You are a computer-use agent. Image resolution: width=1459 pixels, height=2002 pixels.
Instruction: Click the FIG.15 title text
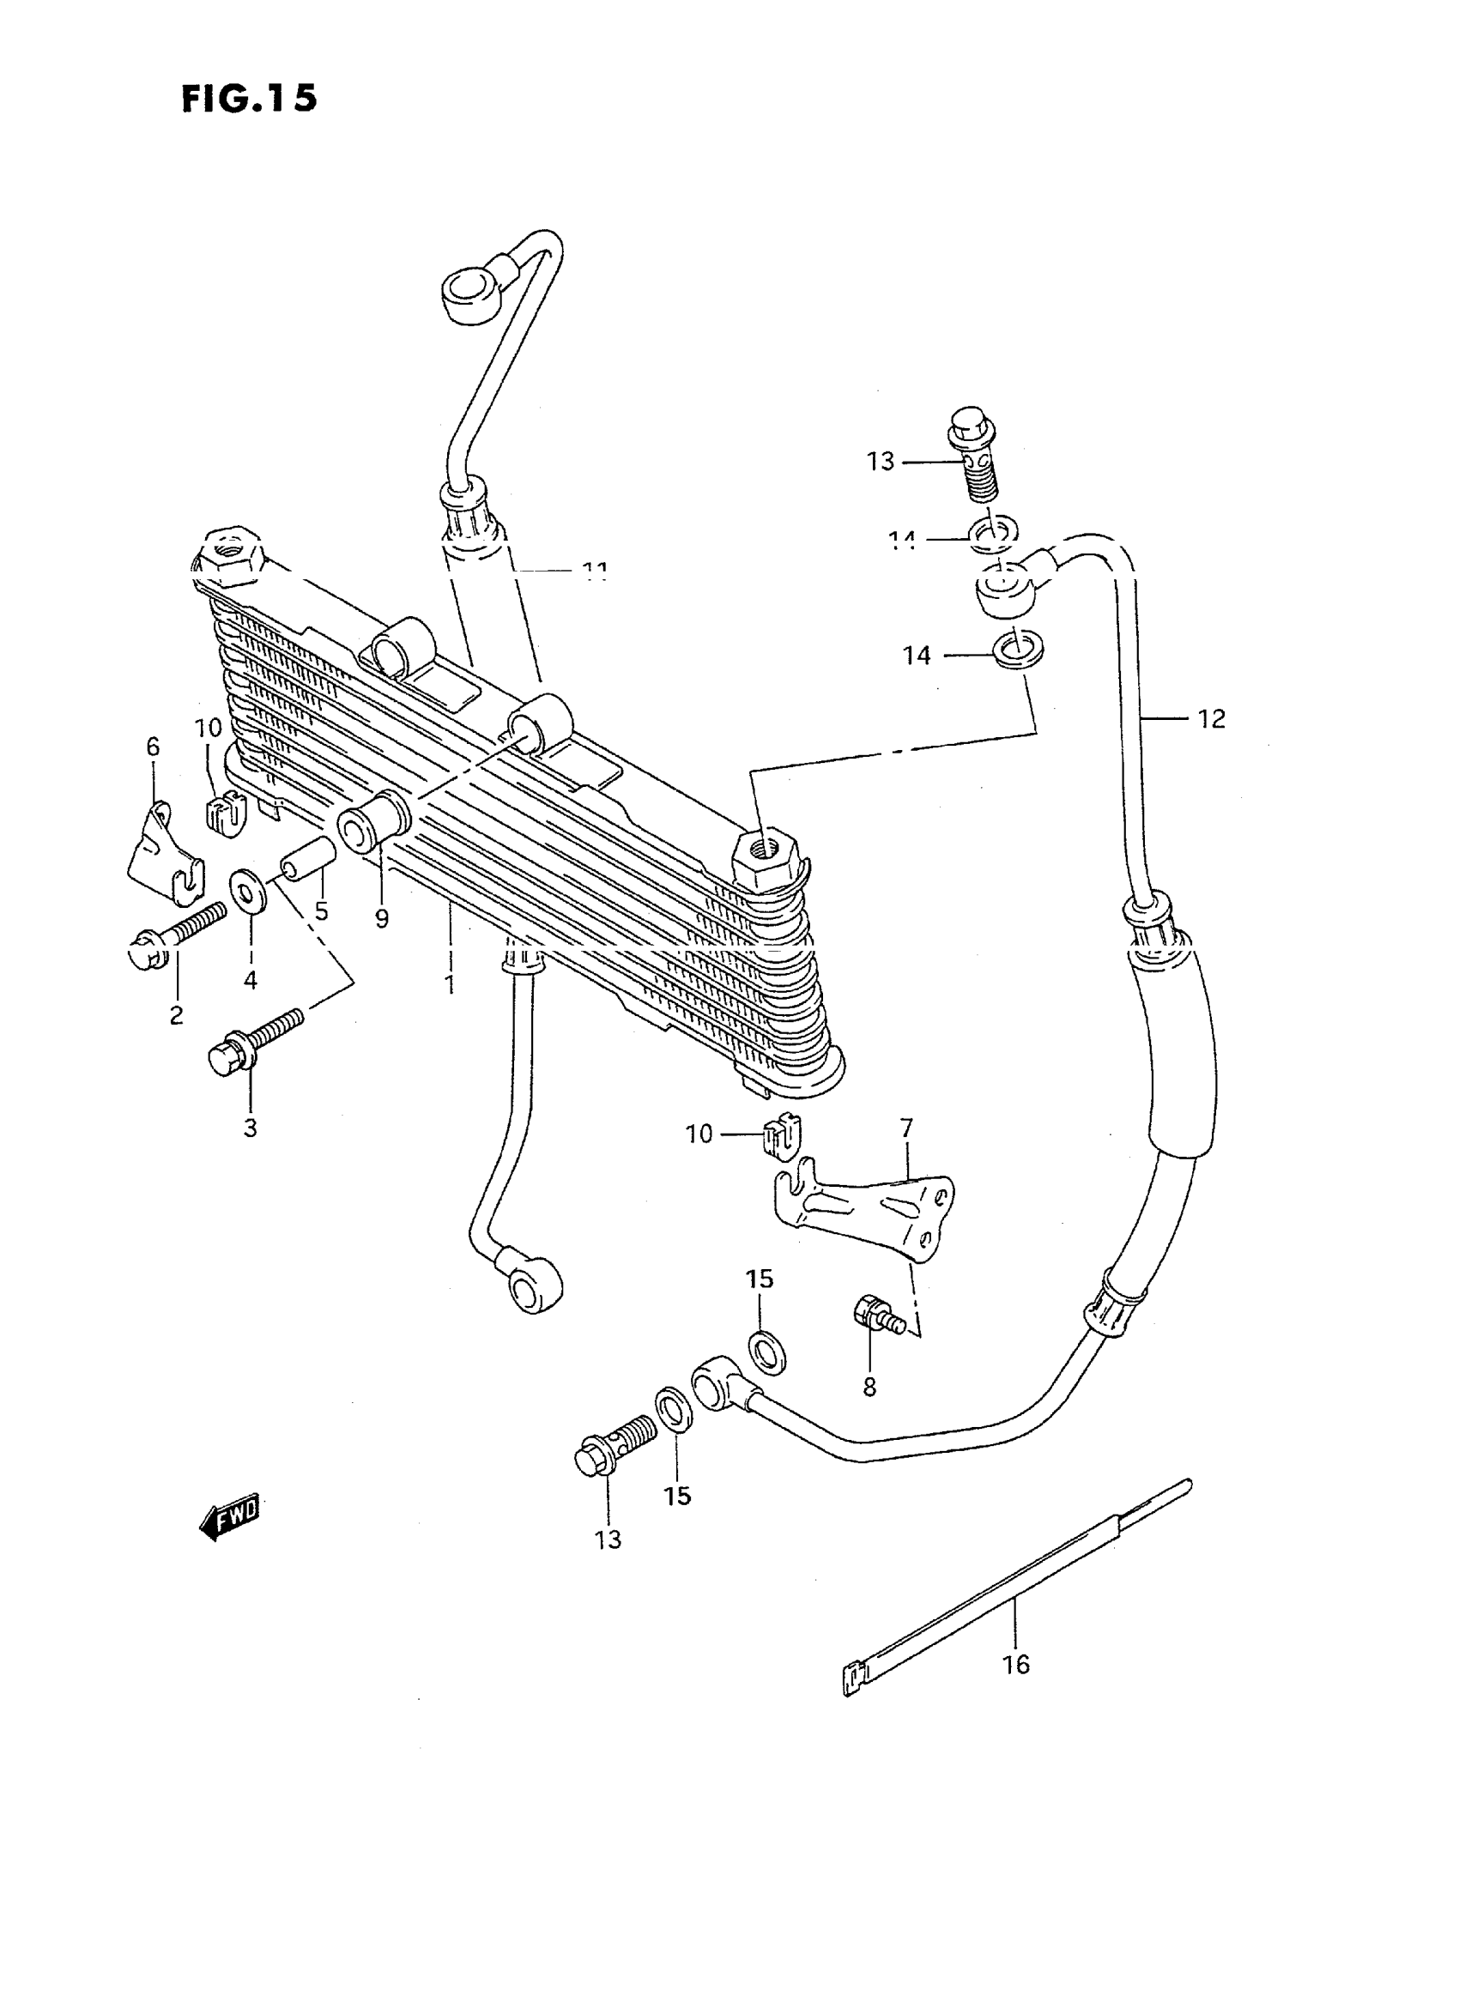pyautogui.click(x=248, y=99)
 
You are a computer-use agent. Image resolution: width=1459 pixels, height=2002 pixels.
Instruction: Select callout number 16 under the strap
pyautogui.click(x=1015, y=1665)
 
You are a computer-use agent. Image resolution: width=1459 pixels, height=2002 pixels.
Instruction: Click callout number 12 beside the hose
pyautogui.click(x=1212, y=719)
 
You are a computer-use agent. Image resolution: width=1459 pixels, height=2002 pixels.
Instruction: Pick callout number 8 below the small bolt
pyautogui.click(x=870, y=1388)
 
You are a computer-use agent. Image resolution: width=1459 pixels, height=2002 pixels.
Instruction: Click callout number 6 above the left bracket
pyautogui.click(x=153, y=747)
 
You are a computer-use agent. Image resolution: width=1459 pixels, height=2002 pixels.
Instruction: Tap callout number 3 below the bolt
pyautogui.click(x=251, y=1128)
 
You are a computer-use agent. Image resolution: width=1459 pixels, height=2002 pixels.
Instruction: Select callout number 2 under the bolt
pyautogui.click(x=177, y=1014)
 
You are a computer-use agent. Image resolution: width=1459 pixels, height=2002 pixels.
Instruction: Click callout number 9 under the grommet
pyautogui.click(x=382, y=919)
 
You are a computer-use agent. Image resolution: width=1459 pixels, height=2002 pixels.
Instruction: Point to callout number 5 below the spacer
pyautogui.click(x=322, y=910)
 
